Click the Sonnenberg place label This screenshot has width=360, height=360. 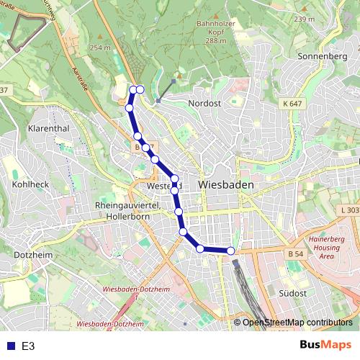click(x=323, y=55)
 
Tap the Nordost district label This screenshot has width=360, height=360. click(x=204, y=104)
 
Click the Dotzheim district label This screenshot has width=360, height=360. click(x=28, y=254)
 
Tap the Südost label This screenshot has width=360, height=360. click(x=292, y=293)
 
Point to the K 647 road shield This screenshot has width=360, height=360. click(x=292, y=105)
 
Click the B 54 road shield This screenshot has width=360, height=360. click(x=294, y=254)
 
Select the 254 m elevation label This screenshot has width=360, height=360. click(x=101, y=48)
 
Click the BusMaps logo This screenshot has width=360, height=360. click(x=325, y=346)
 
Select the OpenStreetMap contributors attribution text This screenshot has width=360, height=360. click(x=297, y=323)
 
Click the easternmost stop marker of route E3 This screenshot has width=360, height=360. click(x=231, y=251)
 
